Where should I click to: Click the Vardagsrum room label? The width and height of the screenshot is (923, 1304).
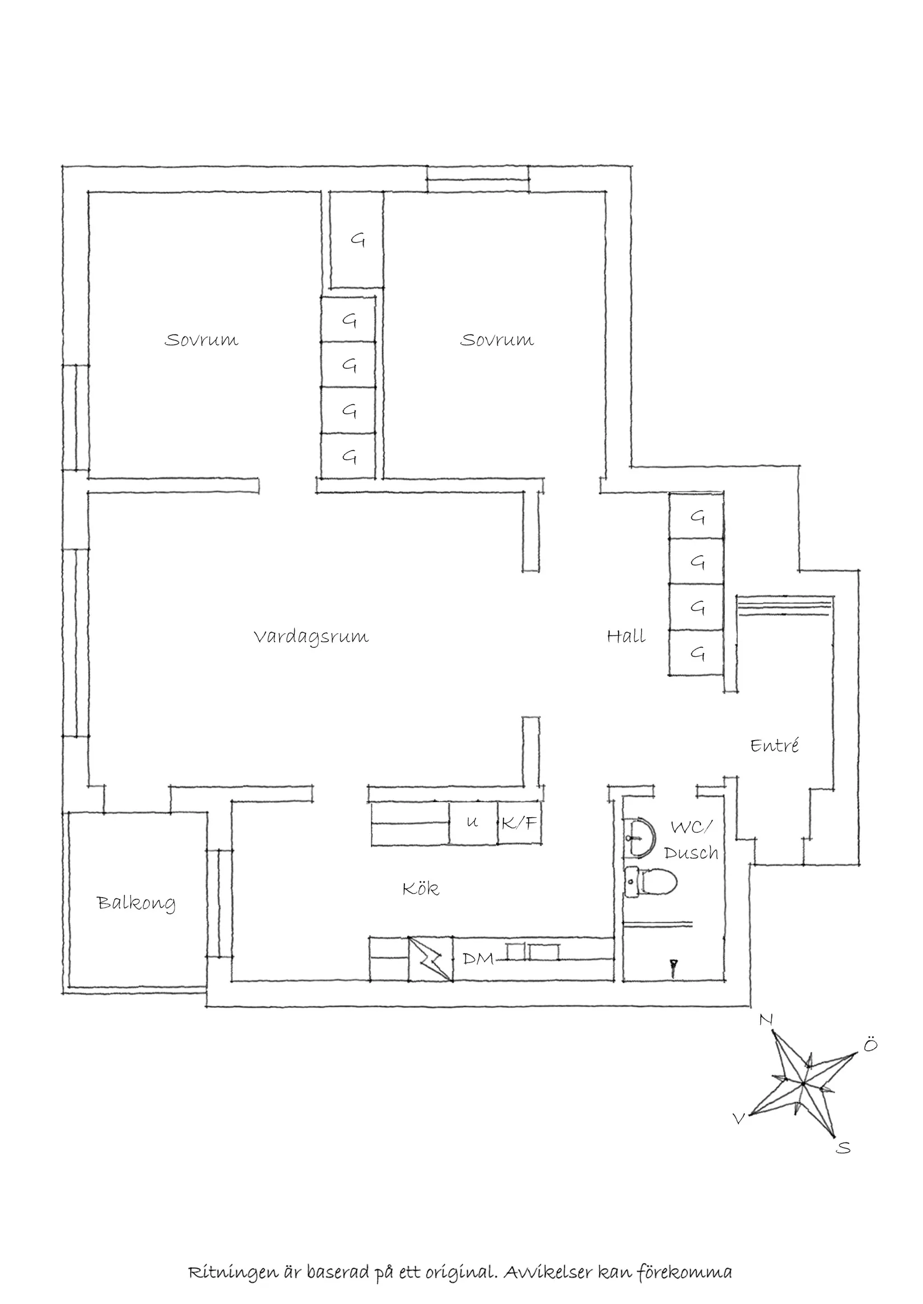(x=311, y=637)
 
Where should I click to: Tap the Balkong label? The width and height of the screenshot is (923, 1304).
(x=136, y=903)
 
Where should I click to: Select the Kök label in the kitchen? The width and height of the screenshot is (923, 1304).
(x=421, y=889)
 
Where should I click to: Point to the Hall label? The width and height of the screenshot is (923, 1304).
(x=626, y=636)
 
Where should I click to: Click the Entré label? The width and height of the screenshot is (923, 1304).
(x=774, y=745)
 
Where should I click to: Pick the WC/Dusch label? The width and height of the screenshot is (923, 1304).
(x=690, y=840)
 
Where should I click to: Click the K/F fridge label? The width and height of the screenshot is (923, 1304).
(x=520, y=823)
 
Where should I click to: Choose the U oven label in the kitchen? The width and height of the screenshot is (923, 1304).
(x=472, y=822)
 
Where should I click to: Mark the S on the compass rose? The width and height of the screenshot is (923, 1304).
(x=844, y=1148)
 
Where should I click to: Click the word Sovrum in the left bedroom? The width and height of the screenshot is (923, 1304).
(x=201, y=340)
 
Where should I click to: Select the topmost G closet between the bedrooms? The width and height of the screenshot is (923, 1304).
(x=357, y=240)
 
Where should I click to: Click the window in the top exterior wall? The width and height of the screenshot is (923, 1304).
(x=477, y=179)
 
